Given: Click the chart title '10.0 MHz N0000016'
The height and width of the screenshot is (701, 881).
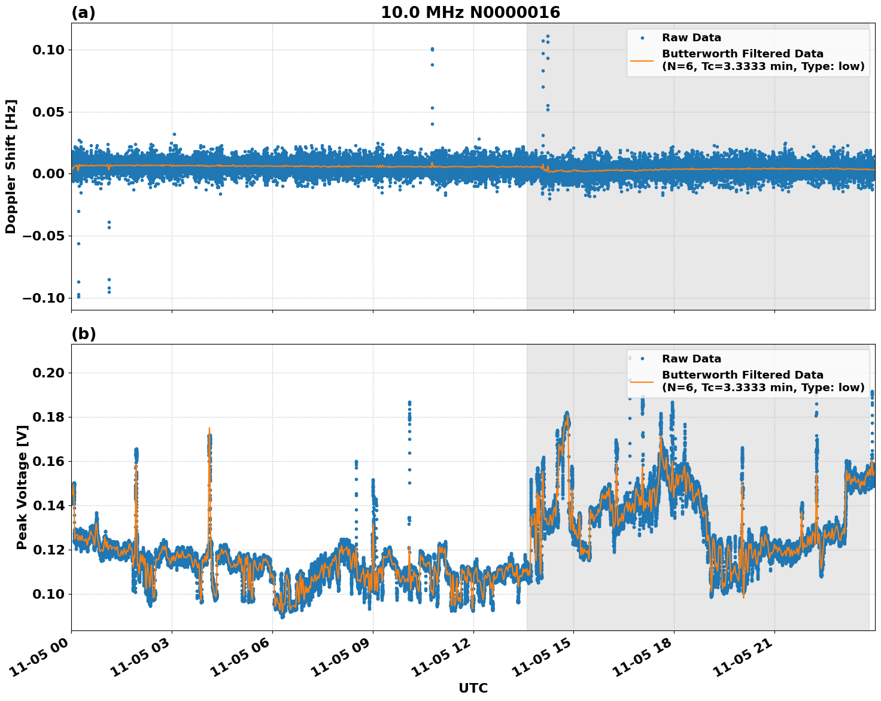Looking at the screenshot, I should [x=470, y=13].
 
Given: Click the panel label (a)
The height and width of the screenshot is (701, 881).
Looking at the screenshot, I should [x=83, y=13].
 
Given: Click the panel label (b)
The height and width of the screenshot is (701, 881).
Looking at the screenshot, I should [x=83, y=334].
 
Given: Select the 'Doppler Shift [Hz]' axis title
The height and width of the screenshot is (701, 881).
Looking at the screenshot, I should [x=11, y=166].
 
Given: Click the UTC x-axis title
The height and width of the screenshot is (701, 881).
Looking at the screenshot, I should [x=473, y=688].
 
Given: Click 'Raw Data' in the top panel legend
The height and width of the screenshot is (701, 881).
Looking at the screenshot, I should [x=691, y=38].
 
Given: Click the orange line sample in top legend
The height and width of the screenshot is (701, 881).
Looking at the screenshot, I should [x=642, y=60].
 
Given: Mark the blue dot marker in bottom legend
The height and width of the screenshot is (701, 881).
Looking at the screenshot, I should [x=642, y=359].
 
